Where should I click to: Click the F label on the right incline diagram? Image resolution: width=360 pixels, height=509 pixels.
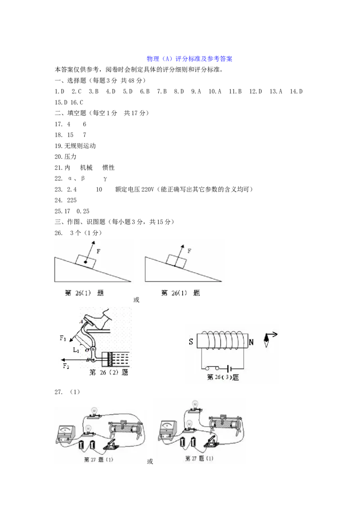tap(189, 250)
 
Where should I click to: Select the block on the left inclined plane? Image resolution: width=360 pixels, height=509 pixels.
tap(85, 261)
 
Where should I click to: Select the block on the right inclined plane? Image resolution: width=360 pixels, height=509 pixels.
tap(175, 260)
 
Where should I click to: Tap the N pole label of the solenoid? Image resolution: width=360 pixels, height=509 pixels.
tap(251, 343)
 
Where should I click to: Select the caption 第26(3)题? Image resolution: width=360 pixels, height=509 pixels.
tap(223, 378)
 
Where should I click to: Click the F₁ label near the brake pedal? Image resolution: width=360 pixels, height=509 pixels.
tap(63, 338)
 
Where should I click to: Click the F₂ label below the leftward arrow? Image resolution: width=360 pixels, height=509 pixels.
tap(66, 366)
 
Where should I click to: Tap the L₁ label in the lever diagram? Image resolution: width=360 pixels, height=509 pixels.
tap(76, 349)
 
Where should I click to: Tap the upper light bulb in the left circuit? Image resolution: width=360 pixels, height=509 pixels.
tap(94, 411)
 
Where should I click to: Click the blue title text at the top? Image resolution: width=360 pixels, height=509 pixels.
tap(189, 59)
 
